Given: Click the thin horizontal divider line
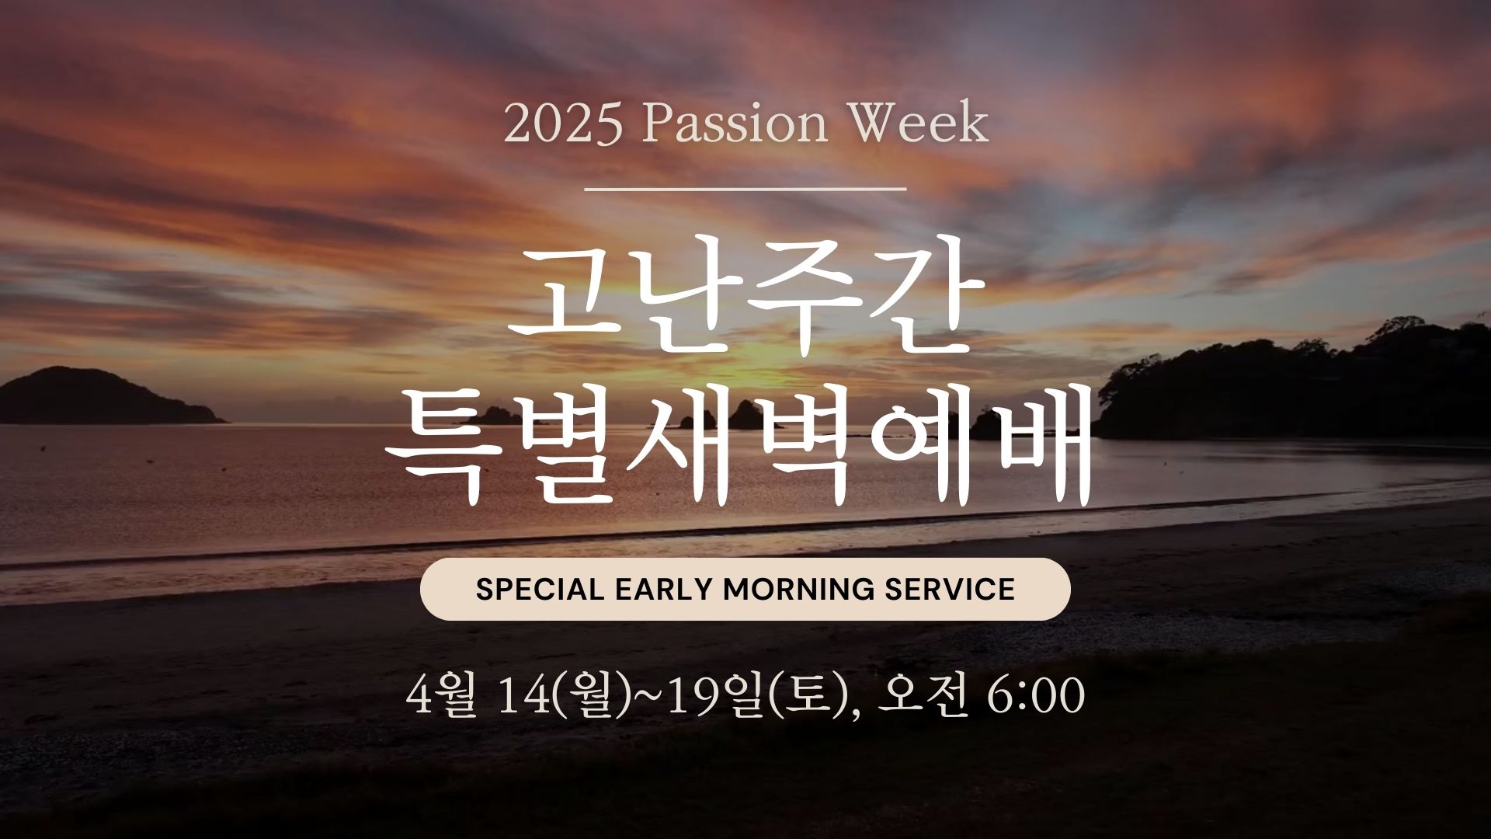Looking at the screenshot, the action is coord(745,188).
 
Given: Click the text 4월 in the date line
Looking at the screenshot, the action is coord(439,696).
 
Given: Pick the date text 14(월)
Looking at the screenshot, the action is coord(559,696).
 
